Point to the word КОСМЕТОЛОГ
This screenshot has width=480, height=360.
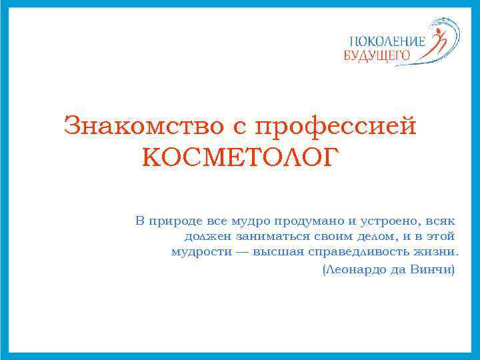(x=240, y=158)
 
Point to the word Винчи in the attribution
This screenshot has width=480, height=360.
(x=433, y=270)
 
